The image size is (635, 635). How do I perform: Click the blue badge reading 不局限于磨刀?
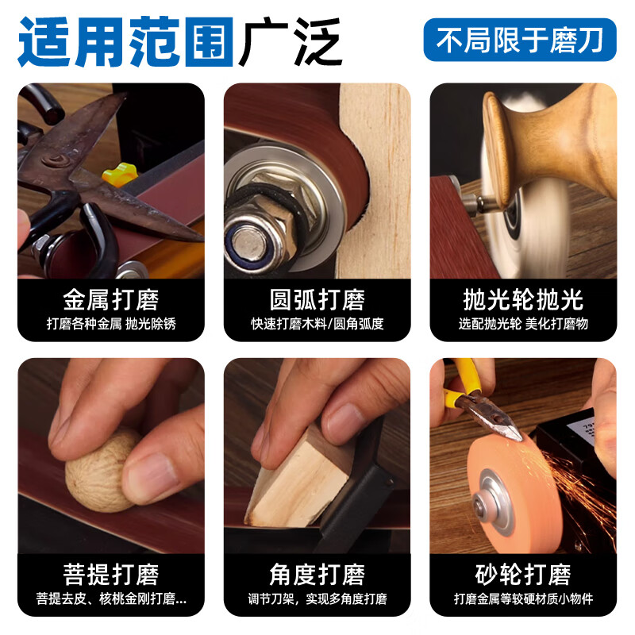pos(520,40)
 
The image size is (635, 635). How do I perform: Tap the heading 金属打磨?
pos(111,300)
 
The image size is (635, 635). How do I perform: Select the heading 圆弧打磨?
pos(317,300)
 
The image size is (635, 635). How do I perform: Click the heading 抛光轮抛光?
pos(523,300)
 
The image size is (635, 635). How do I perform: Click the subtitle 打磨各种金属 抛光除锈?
pos(111,325)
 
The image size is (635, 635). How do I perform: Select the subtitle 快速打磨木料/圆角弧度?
pos(317,325)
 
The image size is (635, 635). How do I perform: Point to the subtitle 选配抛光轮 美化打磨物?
pos(523,325)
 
